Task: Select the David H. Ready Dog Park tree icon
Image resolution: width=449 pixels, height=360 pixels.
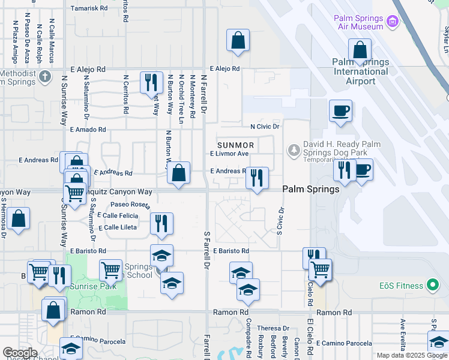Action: (294, 149)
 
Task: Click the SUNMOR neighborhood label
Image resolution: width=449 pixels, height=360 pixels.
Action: (236, 145)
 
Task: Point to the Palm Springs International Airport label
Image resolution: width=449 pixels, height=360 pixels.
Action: (361, 67)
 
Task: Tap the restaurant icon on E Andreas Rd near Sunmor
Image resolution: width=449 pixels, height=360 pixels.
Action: (257, 177)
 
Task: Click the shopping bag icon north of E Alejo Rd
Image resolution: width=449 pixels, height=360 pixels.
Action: (238, 41)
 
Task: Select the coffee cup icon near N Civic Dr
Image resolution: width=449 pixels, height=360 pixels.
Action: (340, 110)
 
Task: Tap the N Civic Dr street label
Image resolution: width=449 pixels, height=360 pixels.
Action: (265, 127)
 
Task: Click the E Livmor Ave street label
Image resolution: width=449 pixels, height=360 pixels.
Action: (229, 154)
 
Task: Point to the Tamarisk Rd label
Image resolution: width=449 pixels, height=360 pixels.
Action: (89, 8)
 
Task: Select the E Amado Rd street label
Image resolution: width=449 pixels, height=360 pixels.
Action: (88, 129)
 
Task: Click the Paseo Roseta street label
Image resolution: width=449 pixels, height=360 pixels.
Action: (130, 205)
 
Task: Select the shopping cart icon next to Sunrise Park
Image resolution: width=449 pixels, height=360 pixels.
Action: (110, 271)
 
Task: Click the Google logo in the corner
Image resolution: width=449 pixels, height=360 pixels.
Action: (20, 353)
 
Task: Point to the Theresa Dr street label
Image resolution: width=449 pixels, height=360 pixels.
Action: (273, 328)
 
